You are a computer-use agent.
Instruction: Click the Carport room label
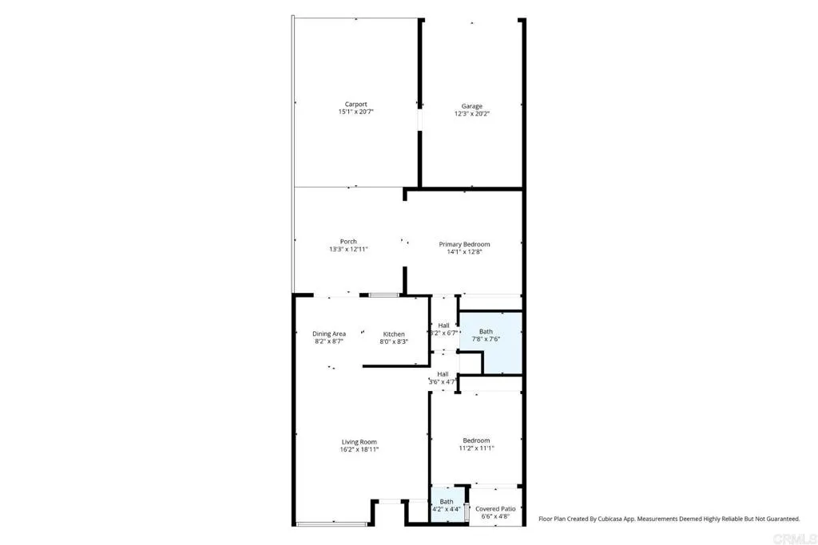click(355, 105)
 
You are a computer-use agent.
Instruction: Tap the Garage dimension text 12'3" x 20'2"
click(471, 113)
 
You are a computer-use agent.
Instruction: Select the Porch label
click(348, 242)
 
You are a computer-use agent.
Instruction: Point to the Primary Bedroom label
click(464, 244)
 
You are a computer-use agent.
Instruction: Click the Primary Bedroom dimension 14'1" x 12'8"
click(464, 252)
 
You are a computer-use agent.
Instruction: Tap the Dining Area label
click(328, 334)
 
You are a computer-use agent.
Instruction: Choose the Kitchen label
click(394, 334)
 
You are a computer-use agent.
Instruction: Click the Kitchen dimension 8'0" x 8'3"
click(394, 342)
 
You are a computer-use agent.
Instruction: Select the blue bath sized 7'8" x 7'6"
click(490, 343)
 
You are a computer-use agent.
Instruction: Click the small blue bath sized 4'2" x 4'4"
click(447, 506)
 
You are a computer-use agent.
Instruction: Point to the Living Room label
click(359, 441)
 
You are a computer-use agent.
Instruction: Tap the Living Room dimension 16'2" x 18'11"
click(359, 449)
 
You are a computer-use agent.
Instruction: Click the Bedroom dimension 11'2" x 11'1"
click(476, 448)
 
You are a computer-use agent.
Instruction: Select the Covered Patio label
click(495, 508)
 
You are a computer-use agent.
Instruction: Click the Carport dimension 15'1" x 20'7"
click(355, 113)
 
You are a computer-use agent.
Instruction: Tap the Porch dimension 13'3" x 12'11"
click(348, 250)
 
